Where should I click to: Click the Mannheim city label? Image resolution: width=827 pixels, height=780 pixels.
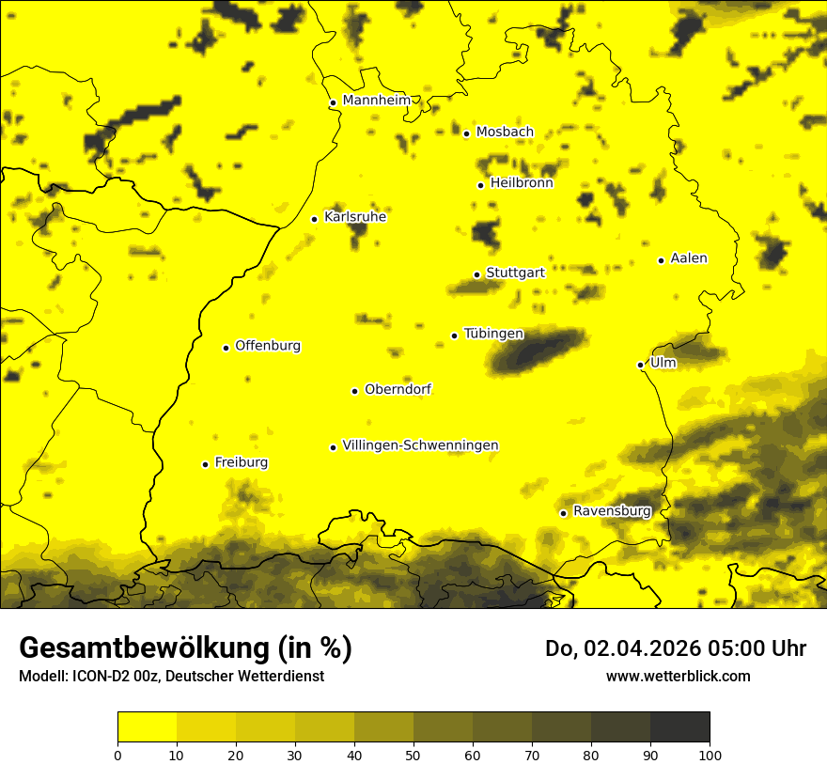coord(377,101)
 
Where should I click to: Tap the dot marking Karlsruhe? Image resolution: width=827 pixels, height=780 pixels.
coord(315,219)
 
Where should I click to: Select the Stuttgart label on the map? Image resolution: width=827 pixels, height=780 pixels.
coord(515,273)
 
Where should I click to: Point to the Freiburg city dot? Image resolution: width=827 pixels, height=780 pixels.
coord(205,464)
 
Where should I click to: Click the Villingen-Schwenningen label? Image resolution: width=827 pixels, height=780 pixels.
coord(420,445)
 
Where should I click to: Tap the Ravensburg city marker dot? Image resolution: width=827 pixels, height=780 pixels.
coord(563,513)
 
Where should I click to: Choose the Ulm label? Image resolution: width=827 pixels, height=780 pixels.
coord(663,362)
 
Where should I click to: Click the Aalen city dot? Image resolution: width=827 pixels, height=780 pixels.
coord(661,260)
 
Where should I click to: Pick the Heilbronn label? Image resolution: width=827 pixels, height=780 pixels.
coord(522,183)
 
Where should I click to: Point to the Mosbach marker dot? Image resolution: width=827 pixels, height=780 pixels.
coord(466,133)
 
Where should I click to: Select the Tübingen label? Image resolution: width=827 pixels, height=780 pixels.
coord(493,334)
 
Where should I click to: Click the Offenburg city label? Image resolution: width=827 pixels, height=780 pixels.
coord(268,346)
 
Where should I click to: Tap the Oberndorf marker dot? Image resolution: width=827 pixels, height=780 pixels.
coord(355,391)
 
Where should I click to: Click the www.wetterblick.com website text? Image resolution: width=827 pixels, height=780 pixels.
coord(678,676)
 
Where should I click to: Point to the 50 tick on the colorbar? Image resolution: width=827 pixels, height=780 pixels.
coord(413,755)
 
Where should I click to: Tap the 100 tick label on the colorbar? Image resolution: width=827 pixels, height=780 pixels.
coord(710,755)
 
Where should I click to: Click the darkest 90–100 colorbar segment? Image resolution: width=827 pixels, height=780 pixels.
coord(679,727)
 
